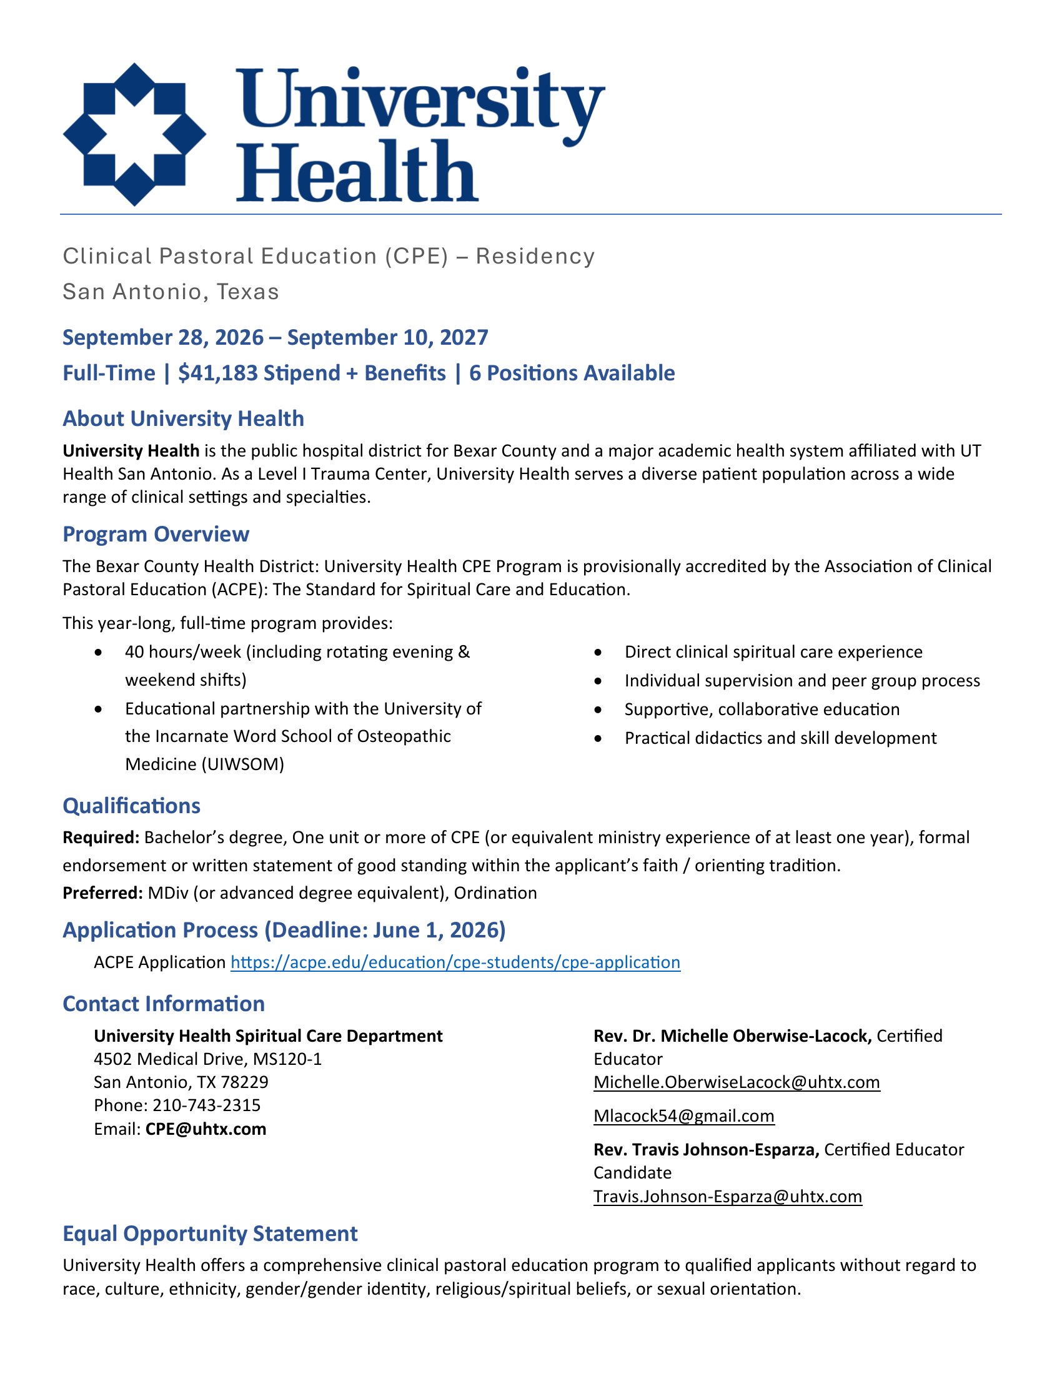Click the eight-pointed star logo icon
135,134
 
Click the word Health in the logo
357,171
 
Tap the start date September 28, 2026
163,337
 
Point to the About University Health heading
183,419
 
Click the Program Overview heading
156,534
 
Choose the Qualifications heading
131,806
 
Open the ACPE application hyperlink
455,962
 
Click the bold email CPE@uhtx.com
206,1129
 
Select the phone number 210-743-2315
206,1105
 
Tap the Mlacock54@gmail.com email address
684,1116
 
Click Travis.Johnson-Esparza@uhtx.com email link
727,1197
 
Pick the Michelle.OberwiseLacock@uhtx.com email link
737,1082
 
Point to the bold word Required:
101,838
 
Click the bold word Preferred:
102,893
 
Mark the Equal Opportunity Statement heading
210,1233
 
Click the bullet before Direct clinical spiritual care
598,653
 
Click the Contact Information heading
164,1004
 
